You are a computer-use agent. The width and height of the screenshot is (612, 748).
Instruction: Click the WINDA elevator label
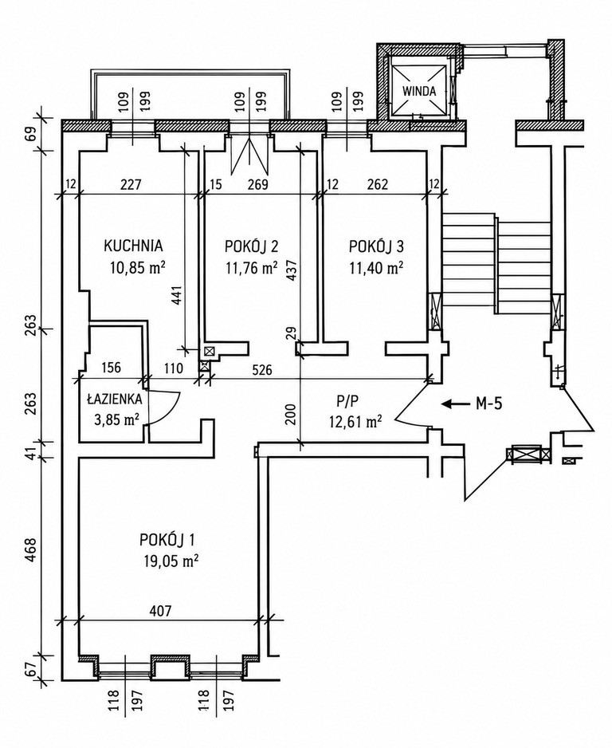pyautogui.click(x=419, y=91)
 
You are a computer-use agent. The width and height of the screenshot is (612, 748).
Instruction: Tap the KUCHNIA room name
pyautogui.click(x=133, y=246)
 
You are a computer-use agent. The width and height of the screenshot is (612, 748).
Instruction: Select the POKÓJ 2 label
pyautogui.click(x=252, y=246)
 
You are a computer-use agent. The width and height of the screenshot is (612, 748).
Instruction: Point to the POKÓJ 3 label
pyautogui.click(x=377, y=246)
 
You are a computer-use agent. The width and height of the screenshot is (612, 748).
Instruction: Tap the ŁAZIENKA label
pyautogui.click(x=115, y=398)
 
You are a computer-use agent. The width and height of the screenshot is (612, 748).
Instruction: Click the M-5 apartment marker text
pyautogui.click(x=489, y=404)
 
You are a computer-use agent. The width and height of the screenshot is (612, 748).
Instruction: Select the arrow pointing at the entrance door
pyautogui.click(x=454, y=404)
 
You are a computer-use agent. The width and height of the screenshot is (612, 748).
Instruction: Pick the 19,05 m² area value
pyautogui.click(x=171, y=561)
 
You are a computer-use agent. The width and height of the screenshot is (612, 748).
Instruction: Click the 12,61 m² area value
pyautogui.click(x=355, y=421)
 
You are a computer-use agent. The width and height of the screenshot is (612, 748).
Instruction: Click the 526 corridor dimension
pyautogui.click(x=262, y=369)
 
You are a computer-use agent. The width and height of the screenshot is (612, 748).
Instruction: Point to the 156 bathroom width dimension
pyautogui.click(x=111, y=368)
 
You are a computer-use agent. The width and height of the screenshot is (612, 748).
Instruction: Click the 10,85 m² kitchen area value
pyautogui.click(x=138, y=267)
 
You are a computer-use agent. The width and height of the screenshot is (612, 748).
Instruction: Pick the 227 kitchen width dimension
pyautogui.click(x=131, y=183)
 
